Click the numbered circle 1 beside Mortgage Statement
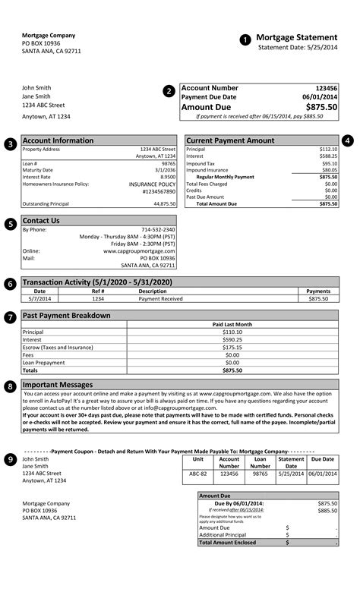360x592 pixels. tap(245, 39)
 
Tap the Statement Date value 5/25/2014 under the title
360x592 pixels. tap(319, 47)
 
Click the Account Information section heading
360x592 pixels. tap(58, 140)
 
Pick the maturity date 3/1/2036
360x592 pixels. tap(165, 170)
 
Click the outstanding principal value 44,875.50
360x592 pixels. tap(164, 203)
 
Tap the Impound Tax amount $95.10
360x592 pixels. tap(328, 163)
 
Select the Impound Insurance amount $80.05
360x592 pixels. tap(328, 170)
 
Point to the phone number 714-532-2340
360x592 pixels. tap(158, 229)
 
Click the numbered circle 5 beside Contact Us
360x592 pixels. tap(10, 224)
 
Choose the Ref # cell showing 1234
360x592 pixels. tap(98, 299)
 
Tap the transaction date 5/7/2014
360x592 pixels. tap(39, 299)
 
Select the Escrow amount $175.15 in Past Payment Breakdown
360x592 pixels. tap(232, 347)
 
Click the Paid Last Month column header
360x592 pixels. tap(232, 324)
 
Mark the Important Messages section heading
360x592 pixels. tap(58, 385)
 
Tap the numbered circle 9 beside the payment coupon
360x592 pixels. tap(10, 459)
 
